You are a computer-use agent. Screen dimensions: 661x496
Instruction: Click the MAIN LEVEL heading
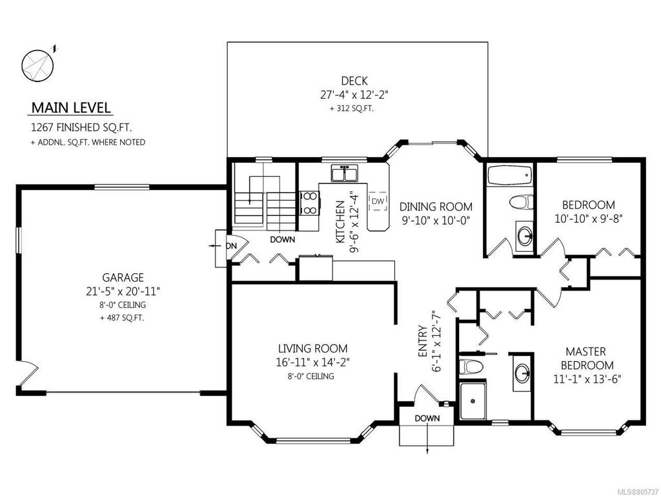[71, 108]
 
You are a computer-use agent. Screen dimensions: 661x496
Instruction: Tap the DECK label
[354, 81]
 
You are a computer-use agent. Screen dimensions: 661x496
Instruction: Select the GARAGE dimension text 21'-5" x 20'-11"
[123, 291]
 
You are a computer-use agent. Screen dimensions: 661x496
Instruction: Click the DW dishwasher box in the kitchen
[378, 201]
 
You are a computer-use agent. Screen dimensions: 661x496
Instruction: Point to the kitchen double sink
[345, 173]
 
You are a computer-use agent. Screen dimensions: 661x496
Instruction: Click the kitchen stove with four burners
[309, 203]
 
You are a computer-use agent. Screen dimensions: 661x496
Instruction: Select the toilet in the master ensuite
[470, 366]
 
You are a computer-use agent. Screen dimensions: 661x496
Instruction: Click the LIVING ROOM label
[313, 348]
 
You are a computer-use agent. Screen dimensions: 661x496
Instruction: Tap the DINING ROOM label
[436, 207]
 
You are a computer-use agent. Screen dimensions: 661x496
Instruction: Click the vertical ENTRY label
[423, 342]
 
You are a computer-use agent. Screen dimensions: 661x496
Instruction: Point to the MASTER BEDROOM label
[587, 358]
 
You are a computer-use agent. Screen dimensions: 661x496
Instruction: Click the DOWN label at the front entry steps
[427, 418]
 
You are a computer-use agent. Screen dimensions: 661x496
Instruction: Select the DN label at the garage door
[231, 245]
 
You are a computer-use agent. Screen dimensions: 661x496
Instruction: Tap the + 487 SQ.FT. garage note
[122, 318]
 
